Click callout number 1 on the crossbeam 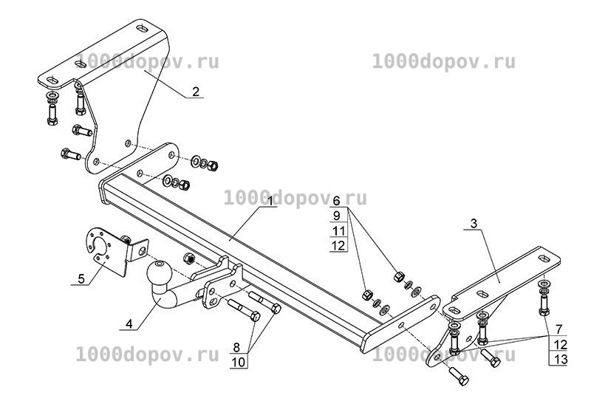click(x=270, y=201)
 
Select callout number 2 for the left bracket click(x=196, y=92)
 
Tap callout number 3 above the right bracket click(x=474, y=224)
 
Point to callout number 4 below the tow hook click(x=129, y=324)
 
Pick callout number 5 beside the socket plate click(x=81, y=279)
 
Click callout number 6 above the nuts click(x=336, y=201)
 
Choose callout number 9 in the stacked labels click(x=337, y=216)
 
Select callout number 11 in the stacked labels click(x=339, y=230)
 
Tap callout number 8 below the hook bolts click(x=236, y=347)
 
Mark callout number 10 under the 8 click(x=238, y=362)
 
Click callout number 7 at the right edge click(x=558, y=329)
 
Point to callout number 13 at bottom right click(x=561, y=359)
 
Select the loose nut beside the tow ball click(x=188, y=258)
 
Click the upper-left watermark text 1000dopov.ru click(x=147, y=62)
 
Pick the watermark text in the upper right click(x=444, y=62)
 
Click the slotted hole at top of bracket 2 click(x=142, y=28)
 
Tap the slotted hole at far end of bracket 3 click(x=545, y=258)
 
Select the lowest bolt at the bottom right click(x=458, y=376)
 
